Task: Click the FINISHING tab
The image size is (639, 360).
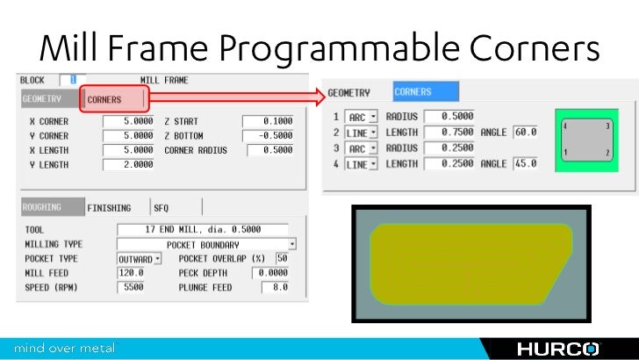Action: [x=109, y=208]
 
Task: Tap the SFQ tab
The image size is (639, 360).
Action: [x=161, y=208]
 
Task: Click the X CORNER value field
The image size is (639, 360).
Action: [x=129, y=121]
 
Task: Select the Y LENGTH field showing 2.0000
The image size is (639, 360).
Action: [x=129, y=164]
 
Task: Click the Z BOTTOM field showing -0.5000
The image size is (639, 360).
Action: [x=268, y=135]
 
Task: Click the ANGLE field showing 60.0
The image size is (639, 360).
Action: [x=526, y=132]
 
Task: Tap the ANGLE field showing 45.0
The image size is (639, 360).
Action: [x=526, y=163]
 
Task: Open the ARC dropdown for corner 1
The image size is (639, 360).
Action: [x=362, y=116]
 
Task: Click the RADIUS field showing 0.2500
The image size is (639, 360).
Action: [x=448, y=148]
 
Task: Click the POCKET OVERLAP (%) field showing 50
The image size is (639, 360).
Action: [x=283, y=259]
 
